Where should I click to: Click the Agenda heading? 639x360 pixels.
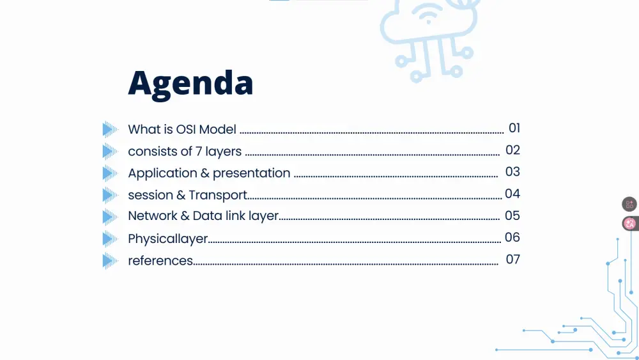coord(190,83)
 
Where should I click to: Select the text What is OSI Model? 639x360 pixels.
coord(182,129)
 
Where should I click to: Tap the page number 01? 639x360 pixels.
coord(514,128)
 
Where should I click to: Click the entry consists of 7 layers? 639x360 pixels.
coord(185,152)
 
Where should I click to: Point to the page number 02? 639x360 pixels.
coord(512,150)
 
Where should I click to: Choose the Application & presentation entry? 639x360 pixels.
coord(209,173)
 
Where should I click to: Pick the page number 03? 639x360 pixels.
coord(512,172)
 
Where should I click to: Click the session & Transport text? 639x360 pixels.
coord(187,195)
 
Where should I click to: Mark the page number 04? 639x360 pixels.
coord(512,194)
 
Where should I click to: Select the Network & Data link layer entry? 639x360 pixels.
coord(203,216)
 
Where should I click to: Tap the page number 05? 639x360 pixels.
coord(512,215)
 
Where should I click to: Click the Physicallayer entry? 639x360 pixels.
coord(168,239)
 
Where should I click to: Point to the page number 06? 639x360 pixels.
coord(512,237)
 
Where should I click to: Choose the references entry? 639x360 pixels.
coord(160,260)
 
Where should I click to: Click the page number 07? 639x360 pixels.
coord(512,259)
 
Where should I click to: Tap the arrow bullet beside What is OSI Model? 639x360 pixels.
coord(111,130)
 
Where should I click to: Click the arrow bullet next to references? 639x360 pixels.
coord(111,261)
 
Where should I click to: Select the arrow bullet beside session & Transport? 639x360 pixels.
coord(111,195)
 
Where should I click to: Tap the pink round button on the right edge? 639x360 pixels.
coord(630,224)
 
